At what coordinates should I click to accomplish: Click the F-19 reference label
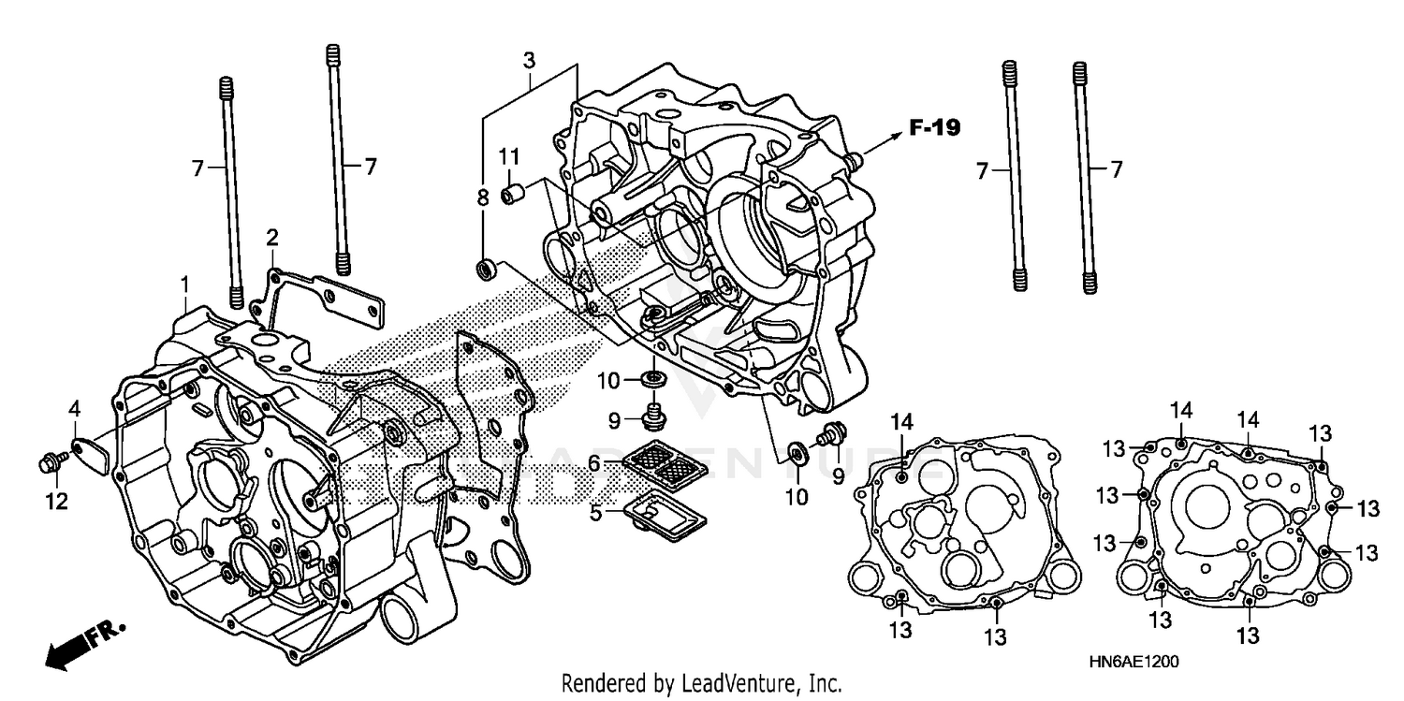pos(934,128)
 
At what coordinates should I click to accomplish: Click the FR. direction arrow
pos(82,646)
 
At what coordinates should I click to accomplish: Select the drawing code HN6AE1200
pos(1133,661)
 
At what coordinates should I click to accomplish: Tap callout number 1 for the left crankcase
pos(185,282)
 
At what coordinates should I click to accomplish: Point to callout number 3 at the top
pos(529,62)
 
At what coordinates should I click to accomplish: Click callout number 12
pos(57,502)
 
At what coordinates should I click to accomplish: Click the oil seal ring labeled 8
pos(486,270)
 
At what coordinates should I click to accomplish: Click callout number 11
pos(508,154)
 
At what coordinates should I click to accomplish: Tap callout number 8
pos(483,197)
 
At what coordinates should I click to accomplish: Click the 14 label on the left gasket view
pos(900,422)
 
